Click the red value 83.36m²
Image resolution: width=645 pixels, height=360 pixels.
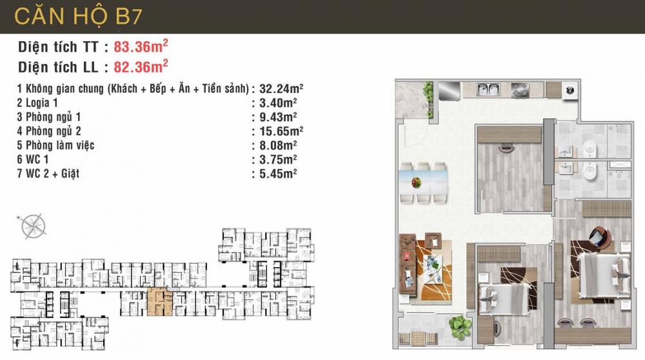[x=141, y=46]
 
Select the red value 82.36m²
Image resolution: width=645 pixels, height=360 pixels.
[x=141, y=65]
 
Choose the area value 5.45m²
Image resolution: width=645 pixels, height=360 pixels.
[x=274, y=174]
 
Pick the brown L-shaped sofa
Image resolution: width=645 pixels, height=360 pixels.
[x=408, y=262]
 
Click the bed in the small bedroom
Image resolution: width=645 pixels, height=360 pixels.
[x=506, y=297]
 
